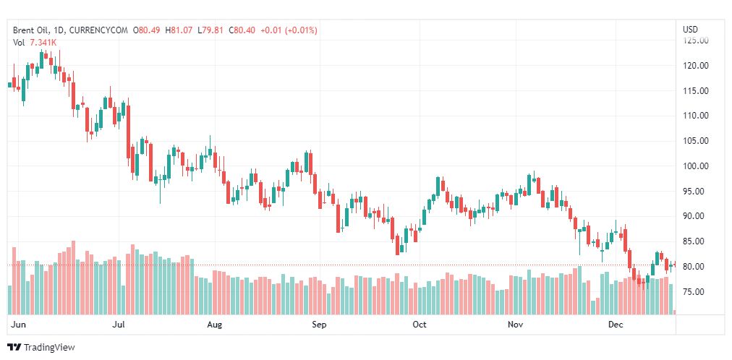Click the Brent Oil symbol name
pyautogui.click(x=30, y=30)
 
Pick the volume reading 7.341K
pyautogui.click(x=43, y=43)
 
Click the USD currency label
pyautogui.click(x=690, y=30)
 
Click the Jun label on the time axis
pyautogui.click(x=20, y=325)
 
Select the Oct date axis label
pyautogui.click(x=419, y=325)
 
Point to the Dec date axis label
pyautogui.click(x=615, y=325)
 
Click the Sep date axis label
pyautogui.click(x=319, y=325)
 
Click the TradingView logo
pyautogui.click(x=41, y=348)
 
